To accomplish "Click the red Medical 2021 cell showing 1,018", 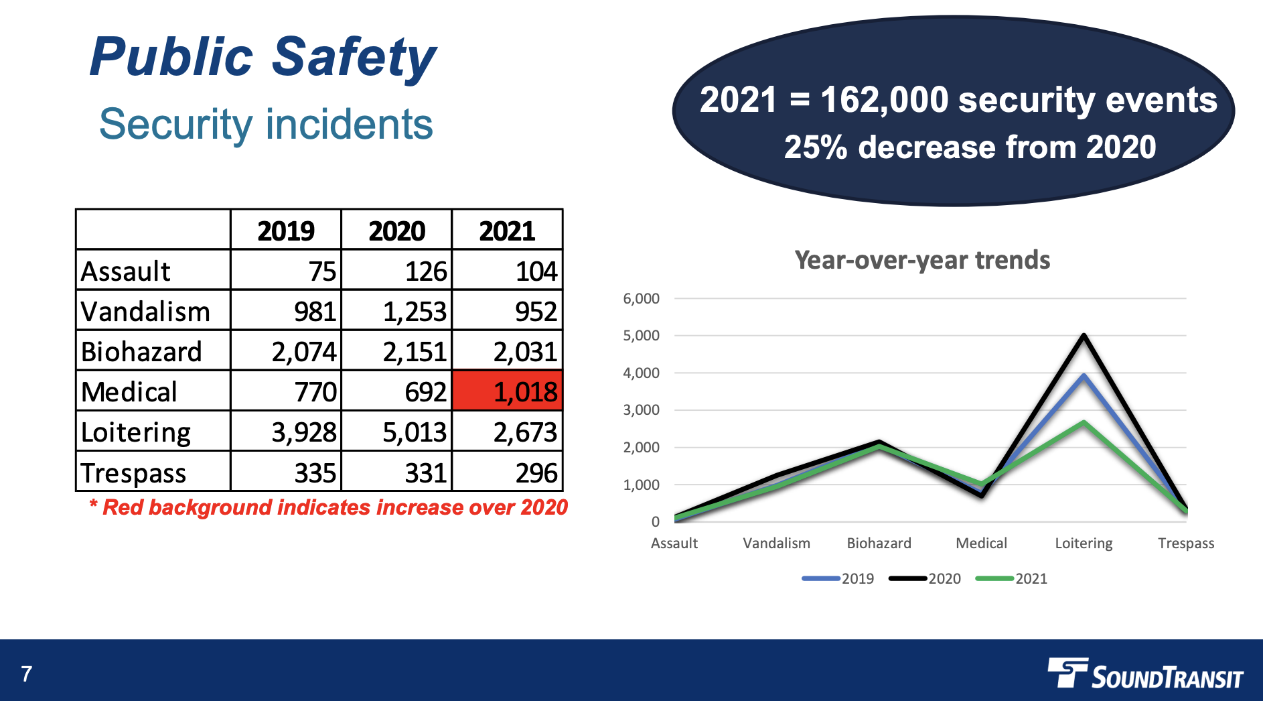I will (x=508, y=391).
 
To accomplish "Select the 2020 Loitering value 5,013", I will (x=414, y=432).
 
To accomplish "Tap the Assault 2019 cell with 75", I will (x=322, y=271).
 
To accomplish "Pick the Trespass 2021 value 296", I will (x=536, y=473).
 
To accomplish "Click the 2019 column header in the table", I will (x=286, y=231).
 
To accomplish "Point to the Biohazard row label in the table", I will (x=141, y=352).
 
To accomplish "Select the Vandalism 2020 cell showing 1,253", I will (x=414, y=312).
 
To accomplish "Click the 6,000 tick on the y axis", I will (x=641, y=299).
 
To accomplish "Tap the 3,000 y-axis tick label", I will (x=641, y=410).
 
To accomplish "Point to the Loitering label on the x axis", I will (x=1084, y=543).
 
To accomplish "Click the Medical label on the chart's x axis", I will (x=981, y=543).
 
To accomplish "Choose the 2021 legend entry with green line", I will (x=1012, y=578).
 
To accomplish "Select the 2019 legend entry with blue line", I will (x=838, y=578).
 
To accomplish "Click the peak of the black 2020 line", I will (x=1084, y=335).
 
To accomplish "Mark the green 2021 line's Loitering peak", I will (x=1084, y=422).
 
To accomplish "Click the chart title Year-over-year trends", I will (x=922, y=260).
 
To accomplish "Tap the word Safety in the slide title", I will (x=354, y=57).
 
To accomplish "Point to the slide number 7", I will (x=27, y=674).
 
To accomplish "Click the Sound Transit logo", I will (x=1145, y=674).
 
